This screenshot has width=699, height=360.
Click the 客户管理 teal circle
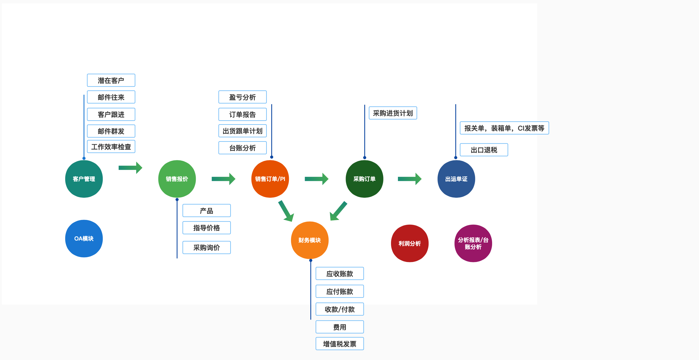click(84, 179)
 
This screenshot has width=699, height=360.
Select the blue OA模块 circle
click(84, 238)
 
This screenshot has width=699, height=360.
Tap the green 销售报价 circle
click(177, 179)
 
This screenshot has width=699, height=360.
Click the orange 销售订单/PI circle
click(270, 179)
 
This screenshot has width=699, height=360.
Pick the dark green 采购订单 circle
click(364, 179)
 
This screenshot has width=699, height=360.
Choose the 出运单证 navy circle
click(456, 179)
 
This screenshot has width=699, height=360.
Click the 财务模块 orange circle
click(310, 240)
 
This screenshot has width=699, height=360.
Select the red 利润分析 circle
click(410, 243)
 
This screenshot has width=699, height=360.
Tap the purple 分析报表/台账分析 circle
click(473, 243)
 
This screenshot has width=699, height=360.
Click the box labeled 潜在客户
click(111, 80)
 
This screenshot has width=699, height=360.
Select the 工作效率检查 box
click(111, 147)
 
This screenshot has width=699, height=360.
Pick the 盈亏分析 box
click(243, 97)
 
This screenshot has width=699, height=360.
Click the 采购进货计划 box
click(393, 113)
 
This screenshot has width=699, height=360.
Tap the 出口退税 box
click(484, 150)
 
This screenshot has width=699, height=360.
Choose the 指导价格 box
click(207, 228)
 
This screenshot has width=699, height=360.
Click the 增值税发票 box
click(339, 344)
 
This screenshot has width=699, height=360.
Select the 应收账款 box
click(339, 274)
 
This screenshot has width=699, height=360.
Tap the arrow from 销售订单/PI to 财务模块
click(286, 211)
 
